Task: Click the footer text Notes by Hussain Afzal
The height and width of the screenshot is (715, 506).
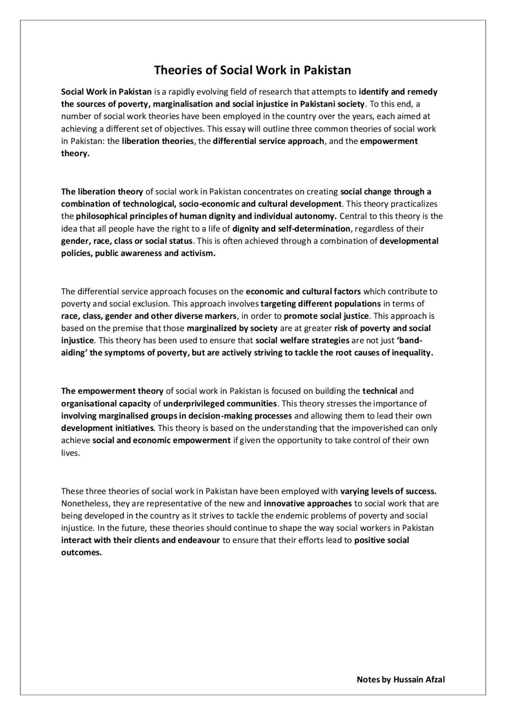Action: [400, 679]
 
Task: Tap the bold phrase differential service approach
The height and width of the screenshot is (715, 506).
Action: [268, 141]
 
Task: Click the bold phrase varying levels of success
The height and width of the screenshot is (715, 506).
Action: [388, 491]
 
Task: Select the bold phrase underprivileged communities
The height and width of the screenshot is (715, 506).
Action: [220, 404]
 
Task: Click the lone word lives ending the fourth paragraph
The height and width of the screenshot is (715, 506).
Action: [70, 453]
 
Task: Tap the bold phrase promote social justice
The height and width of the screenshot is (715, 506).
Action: [326, 316]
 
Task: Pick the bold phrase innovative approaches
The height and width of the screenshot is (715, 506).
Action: [308, 504]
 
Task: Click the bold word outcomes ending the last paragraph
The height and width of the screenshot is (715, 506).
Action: [81, 553]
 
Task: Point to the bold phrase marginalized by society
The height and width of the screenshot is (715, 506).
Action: [232, 328]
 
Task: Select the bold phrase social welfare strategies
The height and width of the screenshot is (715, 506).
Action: [302, 340]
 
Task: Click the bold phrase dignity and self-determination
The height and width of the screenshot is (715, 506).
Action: [291, 228]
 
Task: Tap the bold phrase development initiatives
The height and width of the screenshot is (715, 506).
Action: [107, 428]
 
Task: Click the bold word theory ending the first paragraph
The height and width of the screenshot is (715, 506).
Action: [75, 153]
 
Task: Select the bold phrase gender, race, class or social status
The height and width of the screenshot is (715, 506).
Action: [127, 241]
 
